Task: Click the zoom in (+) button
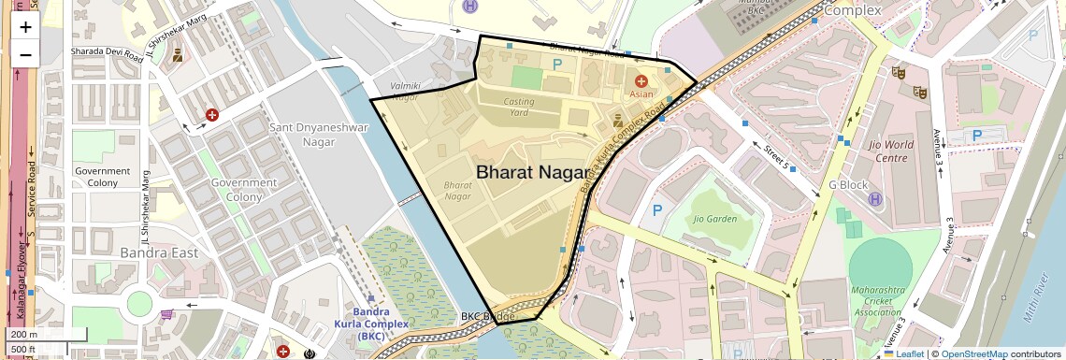pyautogui.click(x=25, y=27)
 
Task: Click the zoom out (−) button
pyautogui.click(x=25, y=54)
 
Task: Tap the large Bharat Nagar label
pyautogui.click(x=532, y=172)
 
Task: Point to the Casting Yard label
pyautogui.click(x=519, y=107)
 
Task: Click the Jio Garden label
pyautogui.click(x=715, y=219)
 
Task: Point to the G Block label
pyautogui.click(x=848, y=185)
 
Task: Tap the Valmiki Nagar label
pyautogui.click(x=406, y=91)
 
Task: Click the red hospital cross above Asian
pyautogui.click(x=641, y=81)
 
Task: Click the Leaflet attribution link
pyautogui.click(x=903, y=353)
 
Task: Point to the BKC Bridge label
pyautogui.click(x=487, y=317)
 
